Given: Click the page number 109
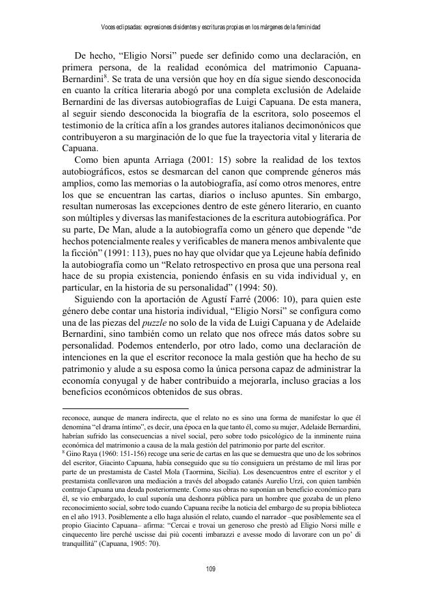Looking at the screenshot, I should (211, 569).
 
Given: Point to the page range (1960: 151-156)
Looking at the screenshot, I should (121, 451).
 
